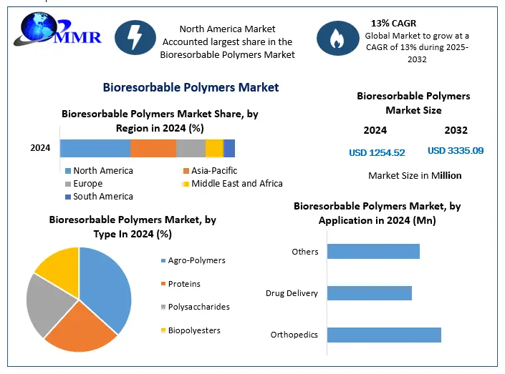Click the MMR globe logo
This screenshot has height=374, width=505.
57,29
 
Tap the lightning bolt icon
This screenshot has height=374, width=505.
135,38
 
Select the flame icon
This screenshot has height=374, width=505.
337,39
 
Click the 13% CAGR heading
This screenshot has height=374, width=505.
393,23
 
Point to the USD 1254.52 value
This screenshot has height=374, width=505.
377,152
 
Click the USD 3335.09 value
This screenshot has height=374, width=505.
456,150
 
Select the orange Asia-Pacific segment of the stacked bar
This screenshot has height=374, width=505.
153,148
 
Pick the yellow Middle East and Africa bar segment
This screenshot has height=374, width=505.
214,148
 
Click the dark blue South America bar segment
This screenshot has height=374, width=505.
229,148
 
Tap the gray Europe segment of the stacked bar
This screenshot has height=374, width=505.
191,148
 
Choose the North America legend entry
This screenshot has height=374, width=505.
99,170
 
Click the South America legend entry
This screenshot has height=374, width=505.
99,197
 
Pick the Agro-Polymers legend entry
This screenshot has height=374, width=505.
193,260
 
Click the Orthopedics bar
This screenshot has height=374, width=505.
384,335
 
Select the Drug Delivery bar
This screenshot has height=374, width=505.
370,293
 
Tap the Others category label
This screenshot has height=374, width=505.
305,252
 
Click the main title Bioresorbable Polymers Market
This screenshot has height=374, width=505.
191,87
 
